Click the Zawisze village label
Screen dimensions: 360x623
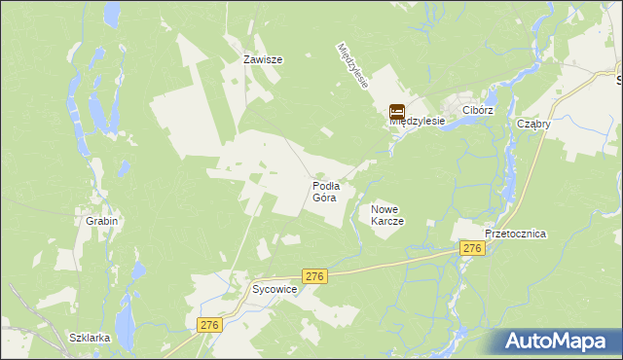tap(263, 59)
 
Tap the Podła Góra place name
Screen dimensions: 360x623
tap(325, 191)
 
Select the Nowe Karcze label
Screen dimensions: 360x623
tap(387, 215)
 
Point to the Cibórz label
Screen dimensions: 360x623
tap(479, 111)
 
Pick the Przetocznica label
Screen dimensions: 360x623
tap(516, 234)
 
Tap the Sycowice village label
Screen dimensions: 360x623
tap(275, 290)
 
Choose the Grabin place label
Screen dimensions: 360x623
tap(101, 221)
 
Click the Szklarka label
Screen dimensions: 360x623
tap(90, 338)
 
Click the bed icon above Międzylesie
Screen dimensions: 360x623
tap(397, 112)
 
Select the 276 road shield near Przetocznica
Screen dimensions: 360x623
tap(472, 249)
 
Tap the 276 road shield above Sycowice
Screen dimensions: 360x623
tap(313, 276)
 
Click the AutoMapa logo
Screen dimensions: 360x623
tap(559, 342)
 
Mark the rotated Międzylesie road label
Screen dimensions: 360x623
tap(352, 66)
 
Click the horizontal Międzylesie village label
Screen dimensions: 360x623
tap(418, 122)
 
